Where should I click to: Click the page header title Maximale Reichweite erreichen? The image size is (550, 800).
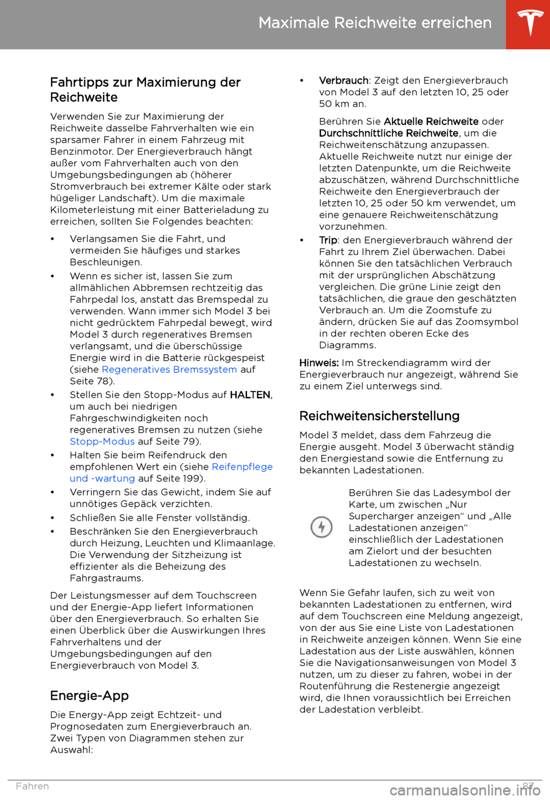coord(375,23)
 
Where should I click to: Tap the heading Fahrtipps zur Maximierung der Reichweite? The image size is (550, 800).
coord(145,89)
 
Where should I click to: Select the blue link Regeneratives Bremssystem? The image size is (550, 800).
coord(169,370)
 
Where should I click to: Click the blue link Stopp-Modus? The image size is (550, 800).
coord(102,441)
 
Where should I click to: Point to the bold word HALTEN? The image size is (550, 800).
coord(250,395)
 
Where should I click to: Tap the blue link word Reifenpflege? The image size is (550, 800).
coord(242,466)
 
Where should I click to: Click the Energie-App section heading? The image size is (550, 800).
coord(89,696)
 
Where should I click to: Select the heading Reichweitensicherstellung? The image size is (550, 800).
coord(379,416)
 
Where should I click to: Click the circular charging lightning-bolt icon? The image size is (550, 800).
coord(321,527)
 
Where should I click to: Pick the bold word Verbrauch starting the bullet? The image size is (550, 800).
coord(344,80)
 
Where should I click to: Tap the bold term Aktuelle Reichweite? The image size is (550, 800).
coord(431,121)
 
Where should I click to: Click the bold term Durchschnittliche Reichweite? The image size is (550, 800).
coord(388,133)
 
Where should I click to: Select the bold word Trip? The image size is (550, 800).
coord(328,240)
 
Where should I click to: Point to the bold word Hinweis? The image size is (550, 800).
coord(319,363)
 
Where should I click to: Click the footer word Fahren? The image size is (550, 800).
coord(33,786)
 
